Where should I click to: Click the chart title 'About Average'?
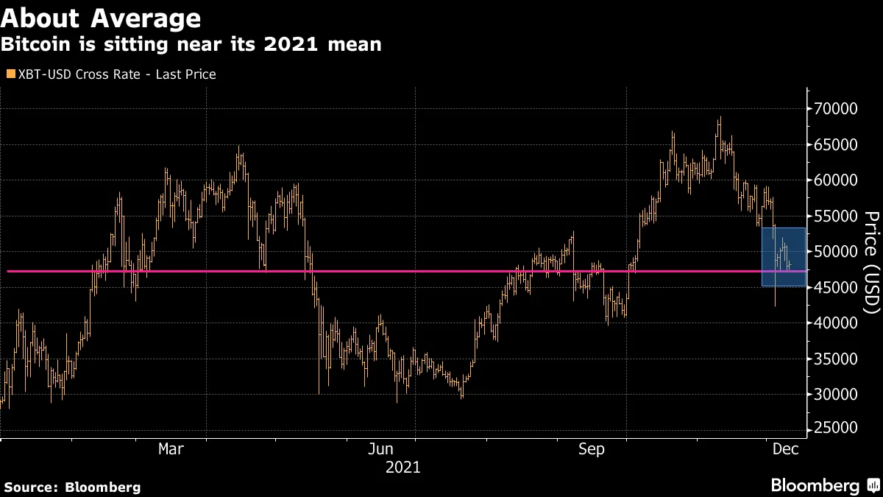click(101, 17)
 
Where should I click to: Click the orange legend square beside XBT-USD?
click(10, 74)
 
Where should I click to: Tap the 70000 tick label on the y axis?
click(835, 109)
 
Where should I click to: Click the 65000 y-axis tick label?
click(835, 145)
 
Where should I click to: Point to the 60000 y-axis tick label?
click(835, 180)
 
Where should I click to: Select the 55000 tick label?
click(835, 216)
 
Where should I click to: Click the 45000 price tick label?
click(835, 288)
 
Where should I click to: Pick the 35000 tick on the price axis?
click(835, 359)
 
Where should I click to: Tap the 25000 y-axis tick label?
click(835, 430)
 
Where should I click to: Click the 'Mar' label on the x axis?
click(171, 449)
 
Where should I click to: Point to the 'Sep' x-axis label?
click(591, 449)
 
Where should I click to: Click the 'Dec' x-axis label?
click(781, 449)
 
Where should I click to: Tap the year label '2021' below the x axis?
click(403, 467)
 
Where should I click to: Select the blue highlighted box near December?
click(783, 257)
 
